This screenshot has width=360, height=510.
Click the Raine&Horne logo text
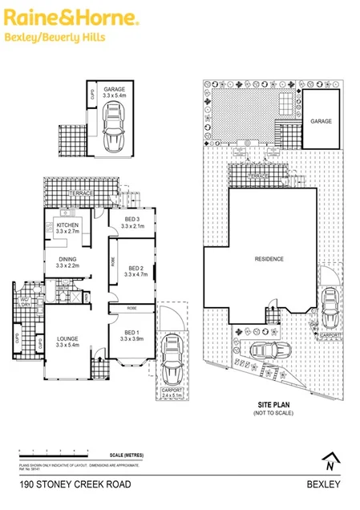tap(69, 17)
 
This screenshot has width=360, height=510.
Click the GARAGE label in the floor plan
tap(118, 91)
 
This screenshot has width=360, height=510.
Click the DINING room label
tap(67, 259)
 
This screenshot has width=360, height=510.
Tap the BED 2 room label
tap(134, 269)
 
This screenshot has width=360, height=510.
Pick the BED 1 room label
tap(131, 333)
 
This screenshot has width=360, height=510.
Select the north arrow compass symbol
tap(329, 462)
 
